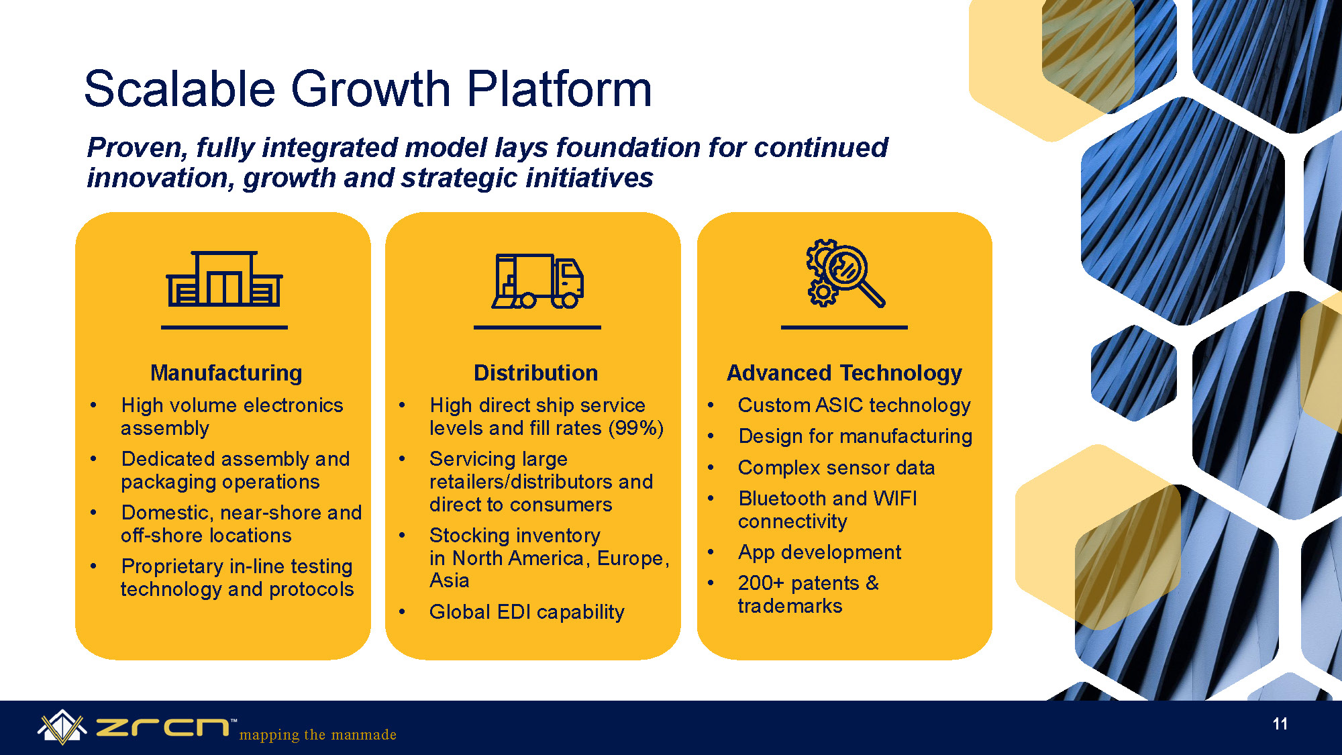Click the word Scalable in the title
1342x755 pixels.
pyautogui.click(x=180, y=89)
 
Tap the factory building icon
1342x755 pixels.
pyautogui.click(x=224, y=279)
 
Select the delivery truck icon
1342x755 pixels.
pyautogui.click(x=537, y=281)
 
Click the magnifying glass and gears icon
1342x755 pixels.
pyautogui.click(x=845, y=273)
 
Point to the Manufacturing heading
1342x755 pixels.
pyautogui.click(x=226, y=372)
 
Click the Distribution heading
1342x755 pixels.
pyautogui.click(x=535, y=372)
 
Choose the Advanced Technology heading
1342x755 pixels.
pyautogui.click(x=844, y=373)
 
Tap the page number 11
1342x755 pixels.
pyautogui.click(x=1280, y=723)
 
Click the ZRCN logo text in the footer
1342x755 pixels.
pyautogui.click(x=162, y=727)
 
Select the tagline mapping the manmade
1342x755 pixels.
pyautogui.click(x=318, y=735)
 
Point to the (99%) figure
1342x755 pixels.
pyautogui.click(x=635, y=428)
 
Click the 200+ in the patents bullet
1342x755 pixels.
pyautogui.click(x=761, y=583)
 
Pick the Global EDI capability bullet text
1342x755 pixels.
pyautogui.click(x=527, y=612)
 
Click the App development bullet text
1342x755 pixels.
pyautogui.click(x=819, y=552)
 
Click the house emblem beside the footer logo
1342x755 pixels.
pyautogui.click(x=62, y=727)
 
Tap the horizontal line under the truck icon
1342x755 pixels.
pyautogui.click(x=537, y=328)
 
